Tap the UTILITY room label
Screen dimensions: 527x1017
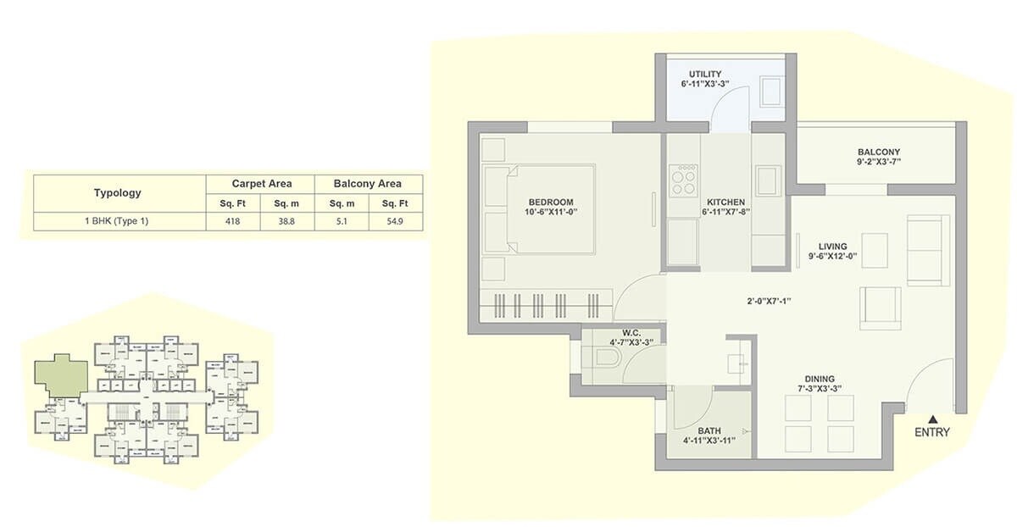(704, 75)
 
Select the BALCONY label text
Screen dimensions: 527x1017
(878, 153)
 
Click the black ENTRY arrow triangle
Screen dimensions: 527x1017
(933, 418)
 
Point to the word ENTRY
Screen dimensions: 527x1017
(932, 433)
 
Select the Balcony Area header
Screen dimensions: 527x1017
(367, 183)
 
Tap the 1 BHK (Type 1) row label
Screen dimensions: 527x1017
(118, 221)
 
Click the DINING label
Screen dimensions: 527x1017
(820, 379)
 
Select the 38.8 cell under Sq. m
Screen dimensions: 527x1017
(286, 221)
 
